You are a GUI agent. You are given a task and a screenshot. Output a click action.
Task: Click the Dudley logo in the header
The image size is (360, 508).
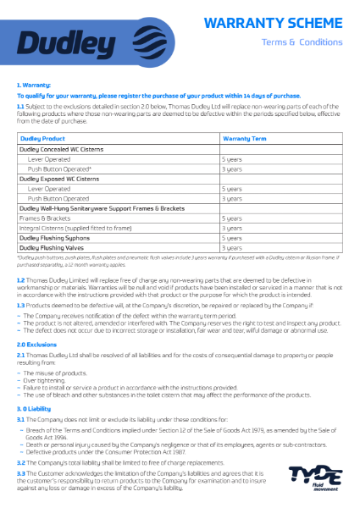tap(72, 41)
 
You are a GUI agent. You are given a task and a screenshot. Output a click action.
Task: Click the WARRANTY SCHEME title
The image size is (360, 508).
tap(287, 22)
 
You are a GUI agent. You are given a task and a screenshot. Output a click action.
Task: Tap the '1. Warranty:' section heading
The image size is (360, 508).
tap(34, 86)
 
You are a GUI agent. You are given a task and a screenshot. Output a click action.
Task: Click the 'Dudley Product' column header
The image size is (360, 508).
tap(42, 138)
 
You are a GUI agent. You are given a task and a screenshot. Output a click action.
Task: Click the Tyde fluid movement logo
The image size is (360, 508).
tap(313, 478)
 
